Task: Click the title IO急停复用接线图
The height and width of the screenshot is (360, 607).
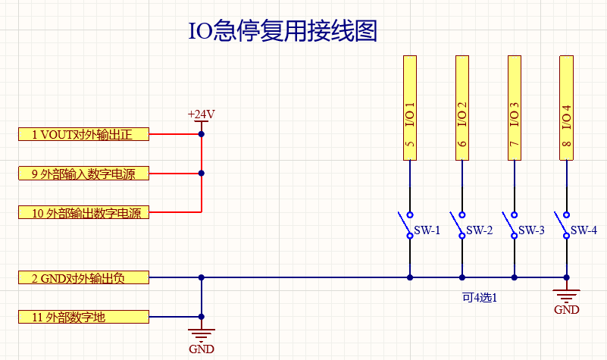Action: click(x=282, y=31)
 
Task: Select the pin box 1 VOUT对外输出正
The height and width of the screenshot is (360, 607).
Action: click(x=83, y=135)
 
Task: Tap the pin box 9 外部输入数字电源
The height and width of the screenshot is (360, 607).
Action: click(x=83, y=174)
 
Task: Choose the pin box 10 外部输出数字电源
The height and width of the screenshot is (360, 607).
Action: click(x=83, y=213)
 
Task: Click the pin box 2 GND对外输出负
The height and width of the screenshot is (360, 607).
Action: click(x=83, y=278)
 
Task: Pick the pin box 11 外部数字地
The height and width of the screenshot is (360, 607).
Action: click(x=83, y=317)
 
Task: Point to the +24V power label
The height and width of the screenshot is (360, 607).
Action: click(x=201, y=114)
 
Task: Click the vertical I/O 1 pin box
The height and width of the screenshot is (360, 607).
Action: click(x=409, y=108)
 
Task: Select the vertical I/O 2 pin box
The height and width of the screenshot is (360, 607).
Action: click(x=462, y=108)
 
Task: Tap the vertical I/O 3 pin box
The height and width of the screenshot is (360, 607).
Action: click(x=514, y=108)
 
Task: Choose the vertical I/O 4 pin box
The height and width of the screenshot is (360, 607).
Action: click(x=566, y=108)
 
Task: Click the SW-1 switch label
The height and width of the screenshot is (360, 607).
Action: click(x=427, y=230)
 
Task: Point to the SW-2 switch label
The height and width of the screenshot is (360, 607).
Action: click(x=480, y=230)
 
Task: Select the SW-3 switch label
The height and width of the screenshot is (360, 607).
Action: click(x=531, y=230)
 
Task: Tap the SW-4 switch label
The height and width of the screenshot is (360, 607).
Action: click(x=584, y=230)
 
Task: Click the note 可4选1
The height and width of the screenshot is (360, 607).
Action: click(x=479, y=298)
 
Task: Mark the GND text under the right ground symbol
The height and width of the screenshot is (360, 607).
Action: click(x=566, y=310)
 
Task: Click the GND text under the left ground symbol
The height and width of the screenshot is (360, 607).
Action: click(x=201, y=349)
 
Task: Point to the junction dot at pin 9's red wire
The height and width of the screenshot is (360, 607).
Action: click(x=201, y=174)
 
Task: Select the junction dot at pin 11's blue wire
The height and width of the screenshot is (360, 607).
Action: click(x=201, y=317)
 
